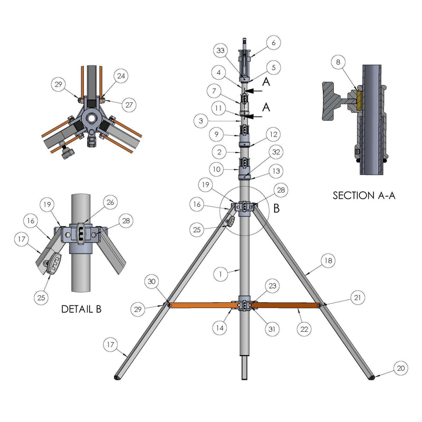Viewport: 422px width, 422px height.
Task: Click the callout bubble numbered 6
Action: [273, 43]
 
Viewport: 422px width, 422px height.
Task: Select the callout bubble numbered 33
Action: [220, 50]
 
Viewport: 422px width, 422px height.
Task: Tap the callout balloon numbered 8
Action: [338, 62]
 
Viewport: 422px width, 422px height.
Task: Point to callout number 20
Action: [401, 368]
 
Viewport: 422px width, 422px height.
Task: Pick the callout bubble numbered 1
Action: [220, 274]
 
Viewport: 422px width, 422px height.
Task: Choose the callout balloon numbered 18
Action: [328, 261]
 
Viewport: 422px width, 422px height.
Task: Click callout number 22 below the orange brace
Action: [304, 329]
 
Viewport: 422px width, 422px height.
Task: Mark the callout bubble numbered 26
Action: [110, 202]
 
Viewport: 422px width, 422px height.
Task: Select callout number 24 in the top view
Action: [121, 76]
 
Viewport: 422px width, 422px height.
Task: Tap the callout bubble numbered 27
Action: [129, 104]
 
